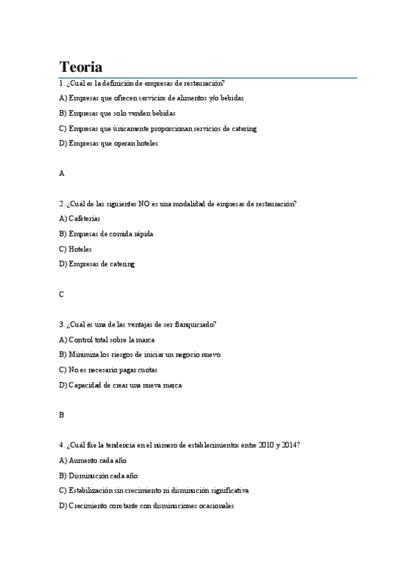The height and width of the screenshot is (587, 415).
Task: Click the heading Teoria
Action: coord(81,67)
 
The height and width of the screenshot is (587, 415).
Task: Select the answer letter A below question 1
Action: coord(62,174)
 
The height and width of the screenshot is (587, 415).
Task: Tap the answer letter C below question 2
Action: coord(62,294)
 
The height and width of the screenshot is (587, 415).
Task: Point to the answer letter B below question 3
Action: coord(62,415)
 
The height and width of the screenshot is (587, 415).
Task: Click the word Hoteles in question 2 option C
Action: coord(80,249)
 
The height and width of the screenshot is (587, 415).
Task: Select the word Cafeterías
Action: coord(85,219)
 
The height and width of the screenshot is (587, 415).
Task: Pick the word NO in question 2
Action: coord(143,204)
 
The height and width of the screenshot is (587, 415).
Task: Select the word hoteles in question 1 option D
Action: coord(147,143)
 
